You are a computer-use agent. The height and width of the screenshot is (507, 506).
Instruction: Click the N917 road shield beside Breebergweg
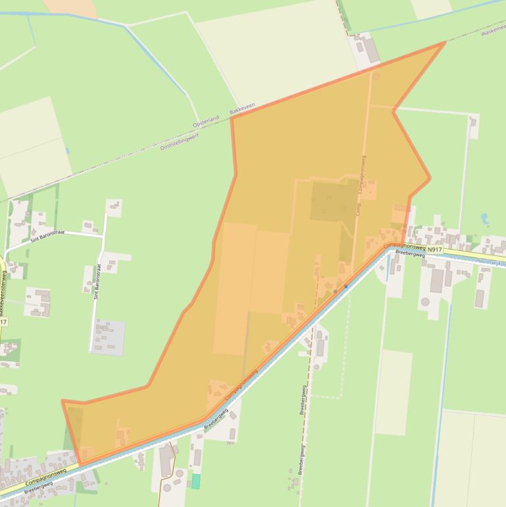click(x=434, y=250)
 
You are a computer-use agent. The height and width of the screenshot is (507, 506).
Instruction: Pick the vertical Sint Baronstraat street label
click(x=97, y=282)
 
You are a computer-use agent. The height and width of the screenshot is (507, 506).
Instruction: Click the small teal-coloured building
click(x=195, y=481)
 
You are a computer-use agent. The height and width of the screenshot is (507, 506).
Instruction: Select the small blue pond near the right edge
click(x=485, y=218)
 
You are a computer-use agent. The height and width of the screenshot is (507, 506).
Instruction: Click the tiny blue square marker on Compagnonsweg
click(x=345, y=286)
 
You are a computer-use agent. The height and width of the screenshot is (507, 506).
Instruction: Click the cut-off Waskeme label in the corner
click(x=493, y=30)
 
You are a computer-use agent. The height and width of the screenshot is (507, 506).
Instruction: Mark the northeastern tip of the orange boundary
click(x=445, y=43)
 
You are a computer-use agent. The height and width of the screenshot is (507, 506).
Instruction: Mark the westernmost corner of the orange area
click(x=63, y=400)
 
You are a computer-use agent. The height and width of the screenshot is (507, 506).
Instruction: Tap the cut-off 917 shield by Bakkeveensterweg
click(x=3, y=322)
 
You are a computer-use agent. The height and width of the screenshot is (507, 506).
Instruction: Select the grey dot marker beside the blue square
click(x=335, y=290)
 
